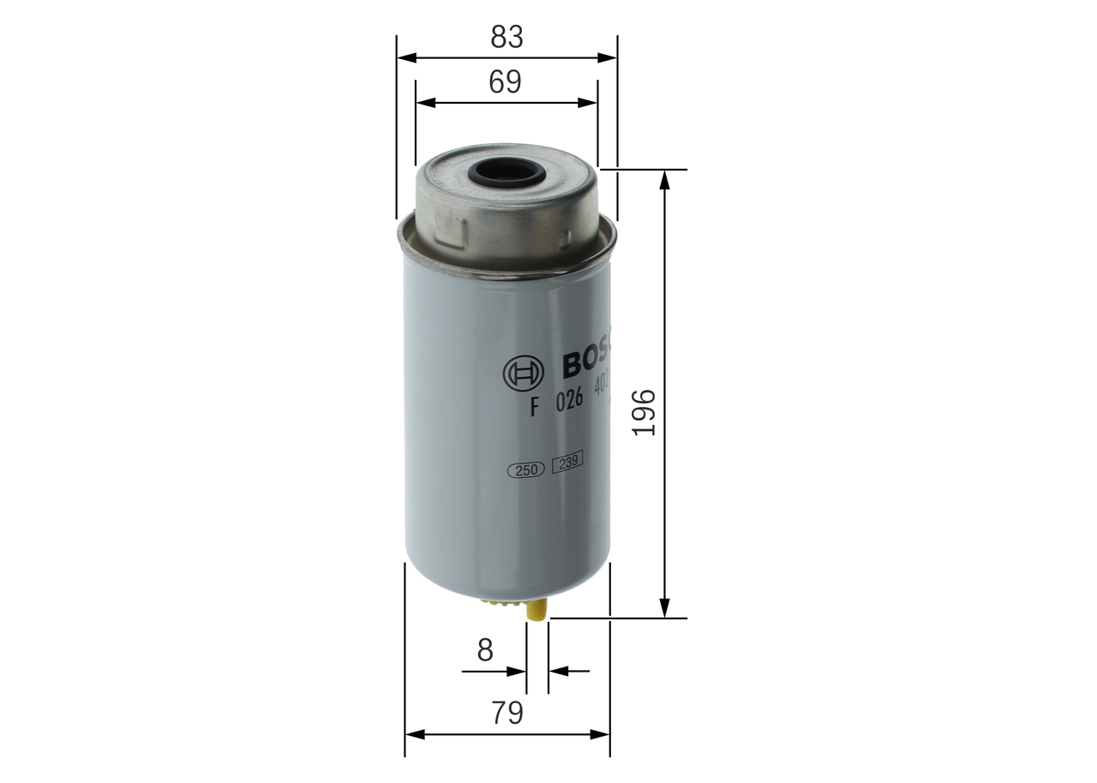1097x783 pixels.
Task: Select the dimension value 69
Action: [x=505, y=81]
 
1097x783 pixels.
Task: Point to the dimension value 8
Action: [x=485, y=650]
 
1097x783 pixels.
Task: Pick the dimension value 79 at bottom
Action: [x=507, y=713]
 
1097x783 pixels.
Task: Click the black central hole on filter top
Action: [x=508, y=175]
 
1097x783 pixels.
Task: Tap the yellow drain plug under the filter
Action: [x=537, y=610]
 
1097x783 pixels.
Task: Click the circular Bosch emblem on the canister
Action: [x=523, y=373]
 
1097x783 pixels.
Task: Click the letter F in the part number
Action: [x=533, y=408]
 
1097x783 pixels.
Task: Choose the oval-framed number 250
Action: [x=527, y=469]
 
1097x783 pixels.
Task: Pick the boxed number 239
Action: [x=566, y=464]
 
